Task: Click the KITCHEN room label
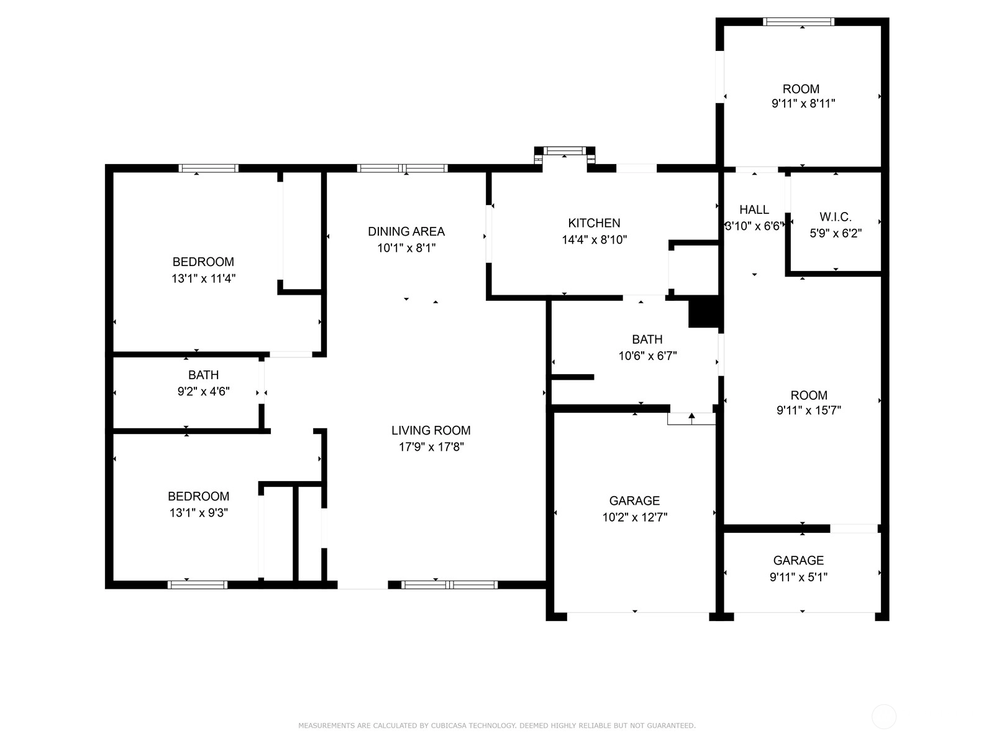point(594,223)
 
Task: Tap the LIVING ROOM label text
point(431,430)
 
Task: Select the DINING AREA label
point(406,231)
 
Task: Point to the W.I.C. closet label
point(835,217)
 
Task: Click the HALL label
point(754,210)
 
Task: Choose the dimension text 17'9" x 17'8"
point(431,447)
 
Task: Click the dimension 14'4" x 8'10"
point(594,239)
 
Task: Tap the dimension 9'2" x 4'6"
point(203,392)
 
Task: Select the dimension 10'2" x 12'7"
point(634,517)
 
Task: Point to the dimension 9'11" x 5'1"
point(798,577)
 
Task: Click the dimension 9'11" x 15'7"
point(808,410)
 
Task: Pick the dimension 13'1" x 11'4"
point(203,279)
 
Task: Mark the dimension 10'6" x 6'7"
point(647,356)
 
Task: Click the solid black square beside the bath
point(703,311)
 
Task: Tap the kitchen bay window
point(564,150)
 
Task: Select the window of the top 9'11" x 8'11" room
point(798,21)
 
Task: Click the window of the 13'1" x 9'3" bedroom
point(198,585)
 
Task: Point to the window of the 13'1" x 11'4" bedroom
point(208,168)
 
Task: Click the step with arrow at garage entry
point(691,418)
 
